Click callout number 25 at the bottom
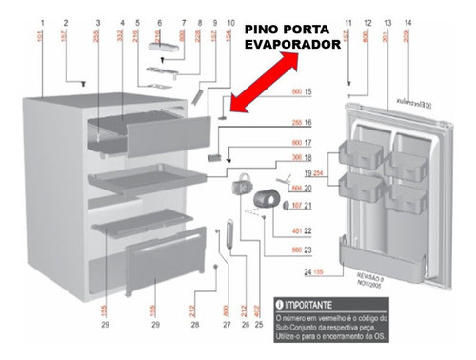point(260,326)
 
